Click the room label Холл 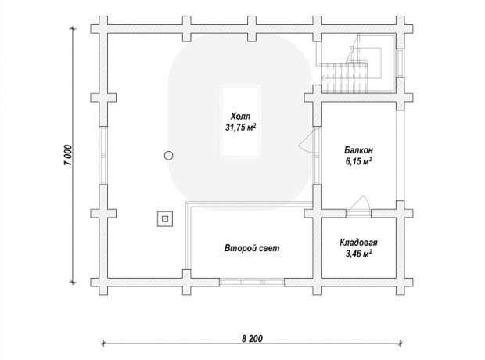(x=240, y=117)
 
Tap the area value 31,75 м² (x=241, y=128)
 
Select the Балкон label (x=359, y=150)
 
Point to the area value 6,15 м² (x=359, y=161)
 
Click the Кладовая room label (x=358, y=243)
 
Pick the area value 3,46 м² (x=358, y=254)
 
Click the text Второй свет (x=252, y=248)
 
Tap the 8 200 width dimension (x=252, y=339)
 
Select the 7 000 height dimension (x=68, y=155)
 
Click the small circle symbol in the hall (x=168, y=156)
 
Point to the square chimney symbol (x=165, y=219)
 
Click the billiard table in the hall (x=240, y=121)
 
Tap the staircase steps (x=344, y=77)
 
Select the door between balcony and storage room (x=358, y=206)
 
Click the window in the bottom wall (x=252, y=282)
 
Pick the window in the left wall (x=103, y=156)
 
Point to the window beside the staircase (x=401, y=63)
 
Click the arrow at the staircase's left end (x=323, y=78)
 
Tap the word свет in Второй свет (x=269, y=248)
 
